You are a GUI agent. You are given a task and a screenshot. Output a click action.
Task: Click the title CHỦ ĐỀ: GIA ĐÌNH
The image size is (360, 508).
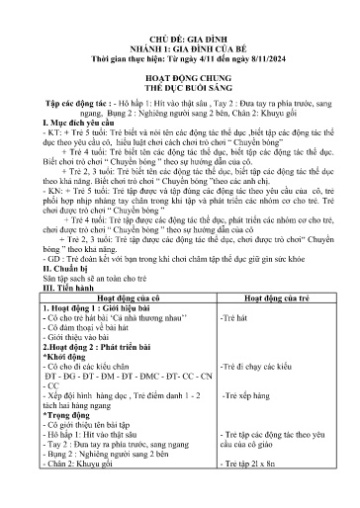pyautogui.click(x=180, y=33)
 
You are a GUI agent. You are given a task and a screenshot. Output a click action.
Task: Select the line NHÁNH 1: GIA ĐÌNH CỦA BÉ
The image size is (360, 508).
pyautogui.click(x=180, y=45)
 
